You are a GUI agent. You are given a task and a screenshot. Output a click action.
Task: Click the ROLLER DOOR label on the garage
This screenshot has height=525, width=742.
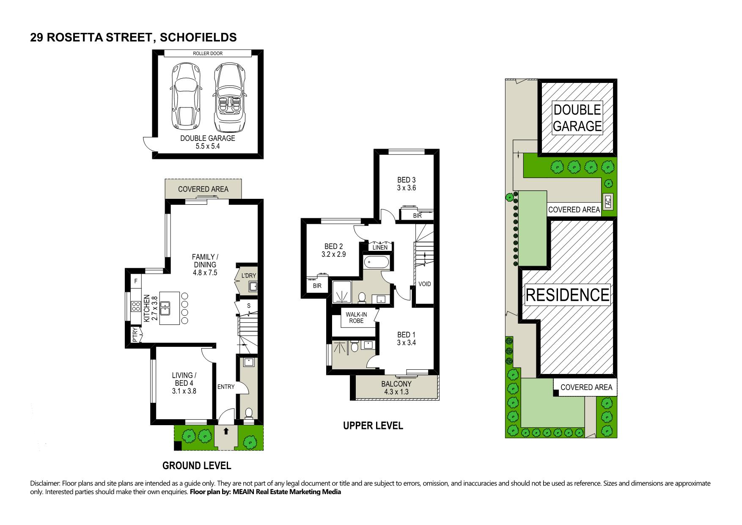[208, 53]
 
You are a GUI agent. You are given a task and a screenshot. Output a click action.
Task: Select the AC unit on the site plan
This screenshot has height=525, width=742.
[608, 201]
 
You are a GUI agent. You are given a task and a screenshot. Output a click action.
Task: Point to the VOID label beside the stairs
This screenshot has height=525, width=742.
[424, 284]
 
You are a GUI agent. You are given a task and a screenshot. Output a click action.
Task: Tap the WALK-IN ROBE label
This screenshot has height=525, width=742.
[356, 317]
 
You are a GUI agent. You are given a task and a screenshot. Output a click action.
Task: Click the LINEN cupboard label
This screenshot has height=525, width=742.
[380, 247]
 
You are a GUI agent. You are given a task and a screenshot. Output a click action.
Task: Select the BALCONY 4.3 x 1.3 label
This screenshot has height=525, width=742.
[396, 388]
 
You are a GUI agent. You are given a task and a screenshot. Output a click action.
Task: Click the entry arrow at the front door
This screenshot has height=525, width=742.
[225, 431]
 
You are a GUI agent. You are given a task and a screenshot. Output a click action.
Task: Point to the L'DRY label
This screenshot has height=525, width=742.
[249, 276]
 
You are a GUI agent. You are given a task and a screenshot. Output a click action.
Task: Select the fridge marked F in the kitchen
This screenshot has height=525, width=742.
[136, 281]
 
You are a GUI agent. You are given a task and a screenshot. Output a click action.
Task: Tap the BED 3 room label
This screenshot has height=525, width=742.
[407, 184]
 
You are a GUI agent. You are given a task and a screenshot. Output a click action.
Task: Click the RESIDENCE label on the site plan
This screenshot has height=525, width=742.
[567, 294]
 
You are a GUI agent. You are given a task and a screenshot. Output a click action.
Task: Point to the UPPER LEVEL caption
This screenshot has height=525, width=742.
[373, 426]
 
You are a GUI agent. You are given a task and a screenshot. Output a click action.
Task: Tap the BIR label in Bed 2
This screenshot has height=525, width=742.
[317, 286]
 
